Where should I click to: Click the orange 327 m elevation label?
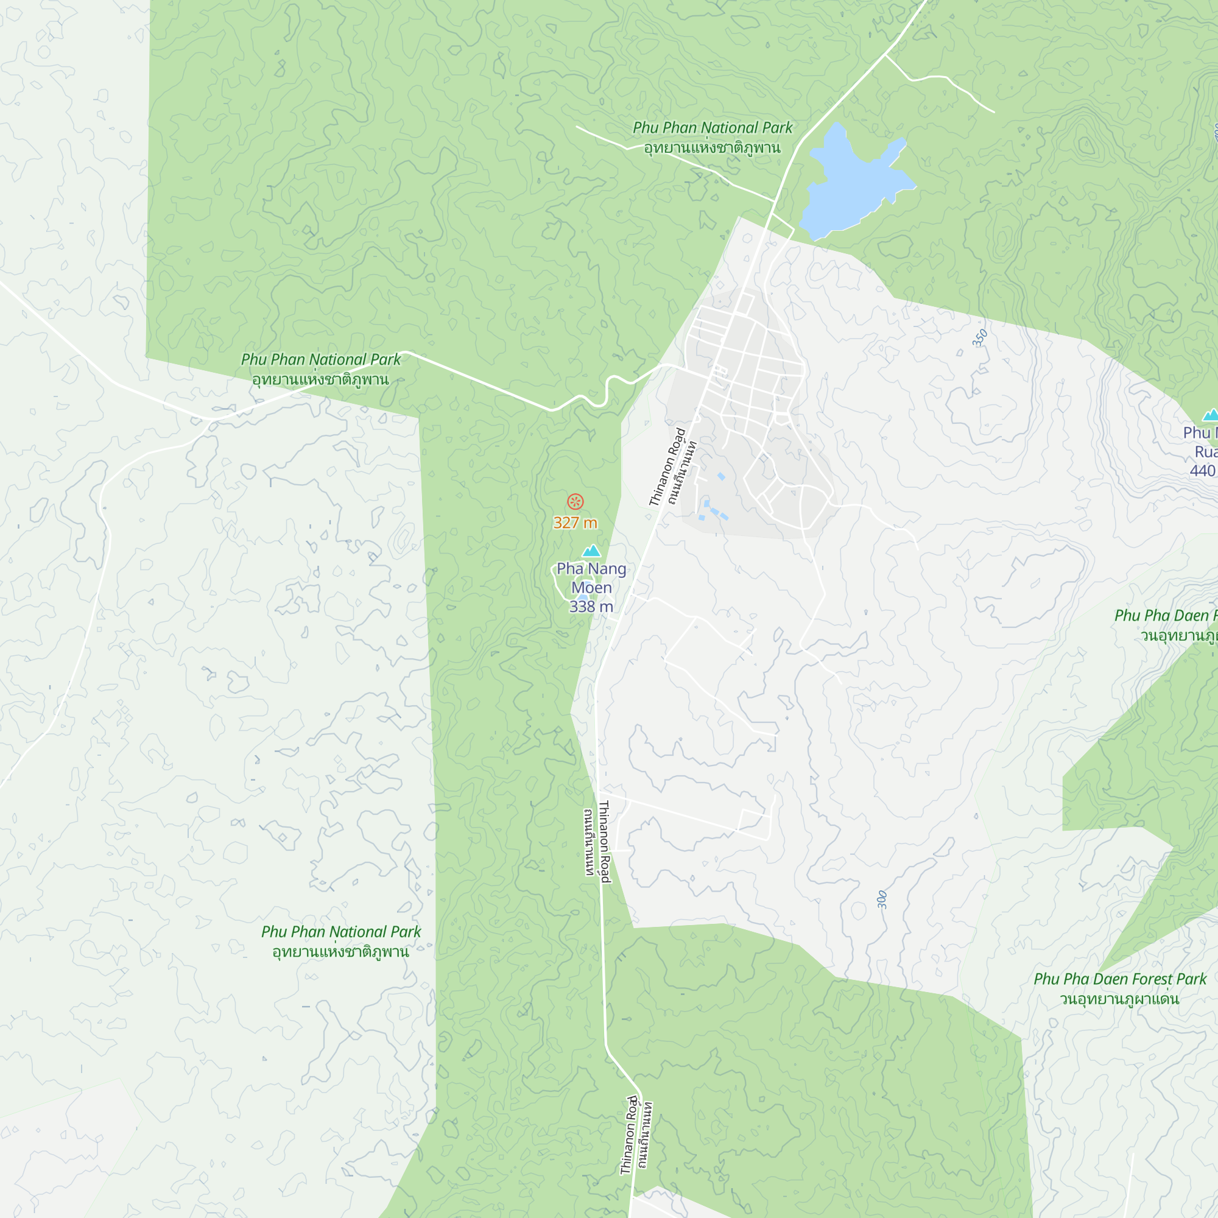[x=575, y=523]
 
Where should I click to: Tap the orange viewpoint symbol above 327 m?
[x=575, y=502]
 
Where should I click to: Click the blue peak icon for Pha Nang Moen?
[x=591, y=551]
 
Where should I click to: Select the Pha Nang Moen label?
[x=591, y=577]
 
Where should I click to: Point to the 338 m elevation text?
[x=591, y=607]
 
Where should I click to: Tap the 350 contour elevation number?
[x=979, y=339]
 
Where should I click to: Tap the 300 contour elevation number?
[x=882, y=899]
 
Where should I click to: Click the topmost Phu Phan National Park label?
[x=713, y=128]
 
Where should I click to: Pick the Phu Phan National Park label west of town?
[x=321, y=359]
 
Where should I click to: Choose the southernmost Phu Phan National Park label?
[x=341, y=932]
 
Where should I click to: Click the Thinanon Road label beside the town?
[x=667, y=467]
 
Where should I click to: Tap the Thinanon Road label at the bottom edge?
[x=627, y=1135]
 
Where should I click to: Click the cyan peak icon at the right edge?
[x=1211, y=415]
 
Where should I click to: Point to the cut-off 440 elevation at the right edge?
[x=1202, y=471]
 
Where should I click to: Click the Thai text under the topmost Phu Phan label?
[x=713, y=148]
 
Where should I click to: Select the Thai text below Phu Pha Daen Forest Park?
[x=1120, y=999]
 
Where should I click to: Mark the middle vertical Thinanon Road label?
[x=604, y=841]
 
